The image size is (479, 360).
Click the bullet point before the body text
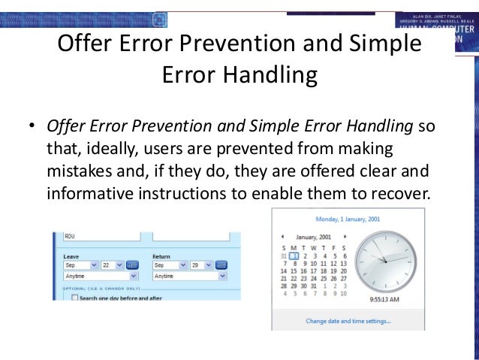click(x=32, y=126)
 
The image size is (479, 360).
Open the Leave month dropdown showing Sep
click(x=80, y=265)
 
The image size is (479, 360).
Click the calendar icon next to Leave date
click(x=133, y=265)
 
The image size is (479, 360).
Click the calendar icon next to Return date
click(x=221, y=265)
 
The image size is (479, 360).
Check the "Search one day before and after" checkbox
click(x=74, y=298)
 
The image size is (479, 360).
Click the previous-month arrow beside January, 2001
click(x=283, y=236)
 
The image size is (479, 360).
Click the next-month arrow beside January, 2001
click(x=345, y=236)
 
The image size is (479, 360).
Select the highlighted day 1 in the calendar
click(x=294, y=256)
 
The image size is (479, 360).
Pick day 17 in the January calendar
click(x=313, y=271)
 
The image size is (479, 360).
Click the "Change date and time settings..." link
click(x=348, y=321)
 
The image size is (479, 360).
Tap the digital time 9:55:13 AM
click(x=384, y=298)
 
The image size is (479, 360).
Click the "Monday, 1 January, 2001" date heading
click(x=348, y=219)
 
